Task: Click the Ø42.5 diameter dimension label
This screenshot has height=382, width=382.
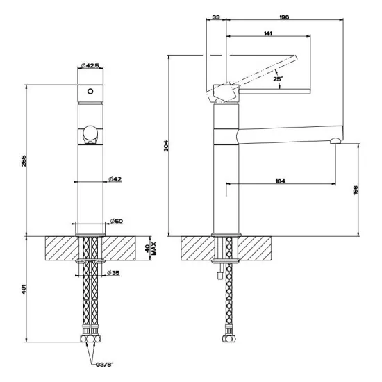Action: click(90, 65)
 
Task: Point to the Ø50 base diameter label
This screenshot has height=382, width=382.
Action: click(116, 222)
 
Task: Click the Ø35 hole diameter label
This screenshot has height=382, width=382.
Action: click(113, 272)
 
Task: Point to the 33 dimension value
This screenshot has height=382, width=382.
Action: click(215, 17)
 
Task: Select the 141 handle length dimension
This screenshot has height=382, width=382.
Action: click(268, 33)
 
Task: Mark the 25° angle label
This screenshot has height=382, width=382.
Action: click(278, 80)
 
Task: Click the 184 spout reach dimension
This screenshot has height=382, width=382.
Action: click(280, 181)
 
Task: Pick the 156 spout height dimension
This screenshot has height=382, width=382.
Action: click(356, 189)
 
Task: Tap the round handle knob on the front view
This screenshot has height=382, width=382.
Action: click(89, 133)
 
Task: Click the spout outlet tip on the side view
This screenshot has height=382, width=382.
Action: click(336, 142)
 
